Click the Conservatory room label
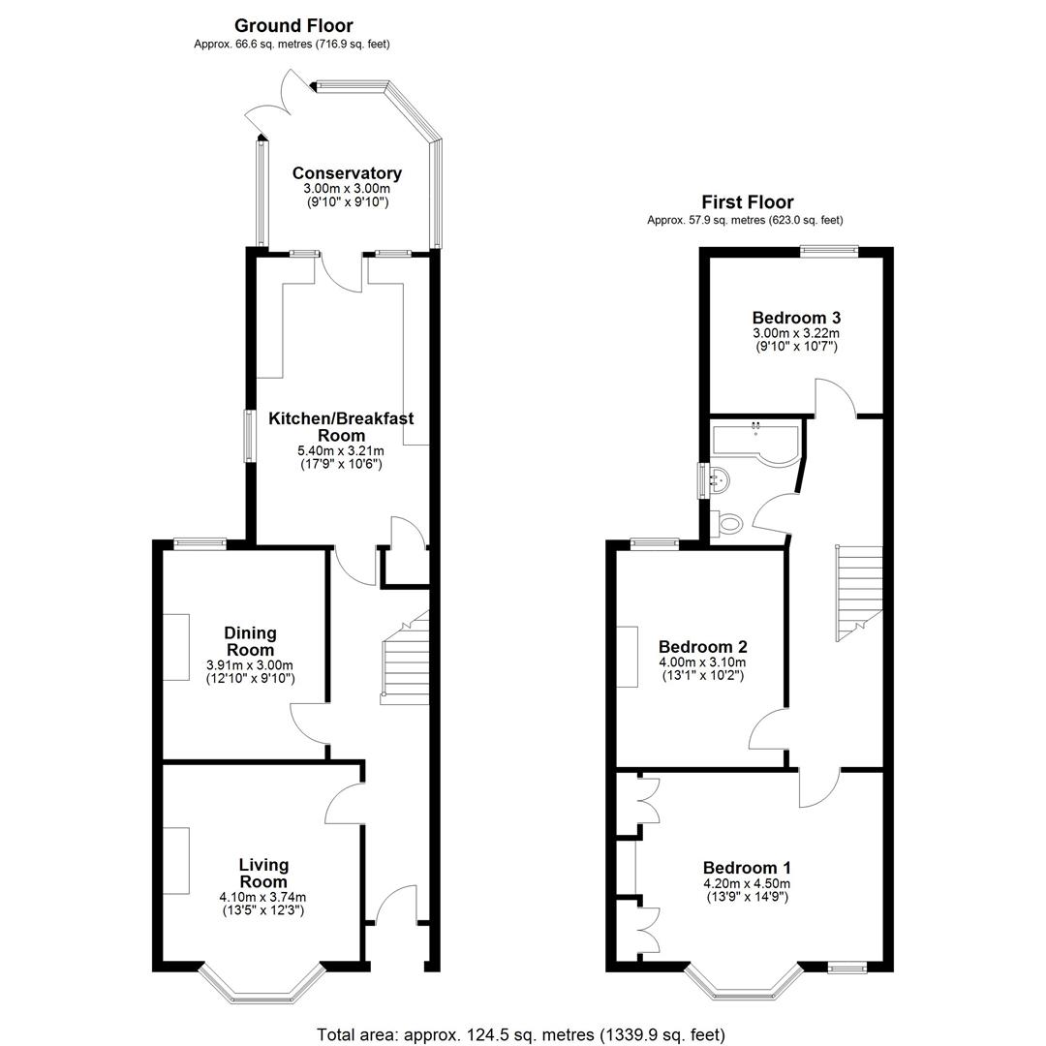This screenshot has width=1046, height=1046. [347, 173]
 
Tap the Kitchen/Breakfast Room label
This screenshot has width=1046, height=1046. [341, 427]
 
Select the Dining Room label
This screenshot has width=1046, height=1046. [250, 641]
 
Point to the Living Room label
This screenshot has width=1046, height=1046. [263, 874]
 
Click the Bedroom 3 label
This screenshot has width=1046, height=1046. [796, 318]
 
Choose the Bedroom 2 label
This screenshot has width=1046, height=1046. [702, 646]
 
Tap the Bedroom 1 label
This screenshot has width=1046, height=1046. [747, 868]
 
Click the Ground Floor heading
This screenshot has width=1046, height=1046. [293, 26]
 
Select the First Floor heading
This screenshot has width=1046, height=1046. [747, 202]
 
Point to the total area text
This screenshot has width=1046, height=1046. [520, 1034]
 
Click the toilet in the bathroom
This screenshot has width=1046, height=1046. [726, 523]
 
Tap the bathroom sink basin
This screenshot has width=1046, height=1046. [719, 479]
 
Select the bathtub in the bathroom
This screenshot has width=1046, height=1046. [755, 445]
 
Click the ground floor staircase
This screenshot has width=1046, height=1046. [405, 658]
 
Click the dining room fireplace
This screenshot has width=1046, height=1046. [177, 647]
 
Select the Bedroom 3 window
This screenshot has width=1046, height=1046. [829, 251]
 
